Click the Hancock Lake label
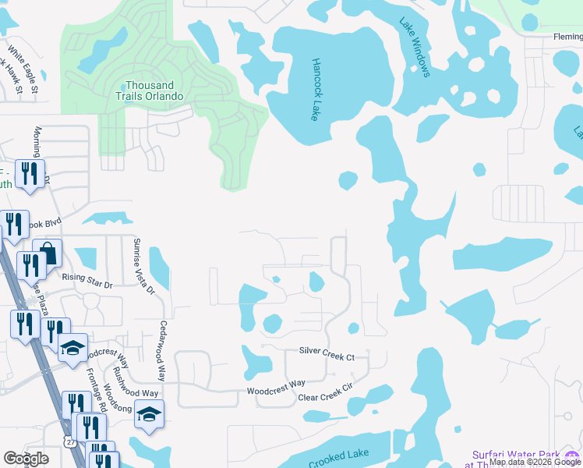[x=316, y=89]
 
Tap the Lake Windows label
[x=415, y=48]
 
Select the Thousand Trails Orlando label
[x=154, y=90]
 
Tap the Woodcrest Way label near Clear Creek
[x=276, y=385]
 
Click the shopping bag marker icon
[x=48, y=254]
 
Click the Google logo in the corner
[x=26, y=458]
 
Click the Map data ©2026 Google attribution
[x=535, y=463]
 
